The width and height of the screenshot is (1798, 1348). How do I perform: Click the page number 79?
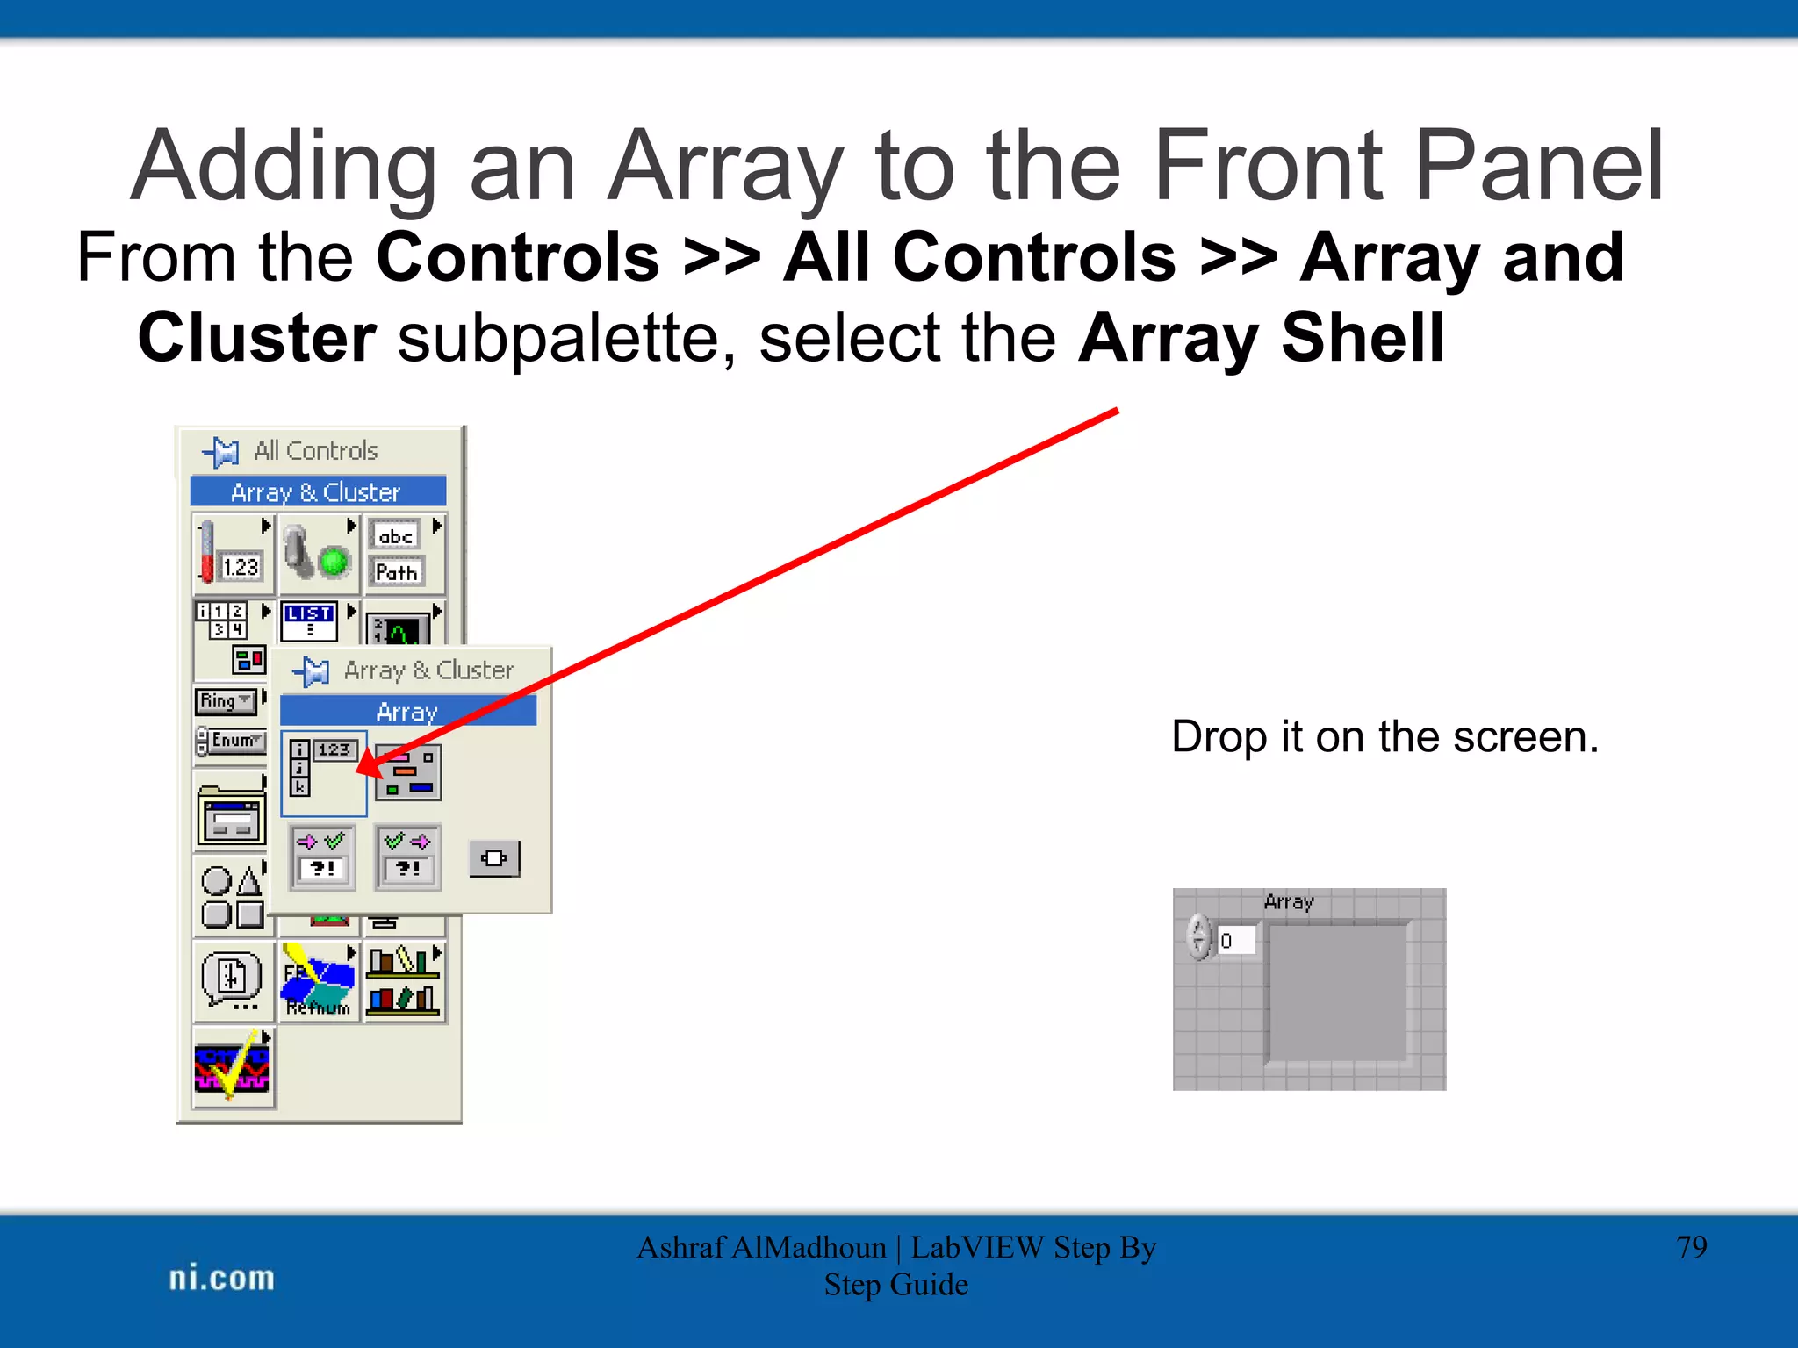[1691, 1247]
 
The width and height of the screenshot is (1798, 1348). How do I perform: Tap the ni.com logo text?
[221, 1278]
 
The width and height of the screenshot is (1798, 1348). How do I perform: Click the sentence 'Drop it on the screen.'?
[1384, 736]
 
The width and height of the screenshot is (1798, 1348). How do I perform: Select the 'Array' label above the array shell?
[1288, 901]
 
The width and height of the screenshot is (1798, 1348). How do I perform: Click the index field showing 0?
[1236, 941]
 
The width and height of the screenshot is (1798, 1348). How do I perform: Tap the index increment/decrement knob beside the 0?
[1199, 936]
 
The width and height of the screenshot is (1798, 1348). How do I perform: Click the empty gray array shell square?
[1336, 992]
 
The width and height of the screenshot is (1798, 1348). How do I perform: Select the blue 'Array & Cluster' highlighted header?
[317, 492]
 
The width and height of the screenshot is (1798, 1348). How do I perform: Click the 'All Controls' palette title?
[315, 451]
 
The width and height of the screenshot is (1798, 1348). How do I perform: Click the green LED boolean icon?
[334, 561]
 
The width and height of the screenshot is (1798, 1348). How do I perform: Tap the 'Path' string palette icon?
[397, 572]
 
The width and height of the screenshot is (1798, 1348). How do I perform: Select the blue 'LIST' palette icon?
[309, 620]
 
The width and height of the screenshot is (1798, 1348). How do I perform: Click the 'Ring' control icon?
[226, 701]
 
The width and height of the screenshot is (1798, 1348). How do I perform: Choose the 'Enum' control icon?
[231, 741]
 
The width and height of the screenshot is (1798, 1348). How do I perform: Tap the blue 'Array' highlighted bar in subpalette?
[407, 712]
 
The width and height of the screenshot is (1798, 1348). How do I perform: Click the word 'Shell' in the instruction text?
[1362, 339]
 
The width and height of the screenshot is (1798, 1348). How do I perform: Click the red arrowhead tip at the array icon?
[360, 771]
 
